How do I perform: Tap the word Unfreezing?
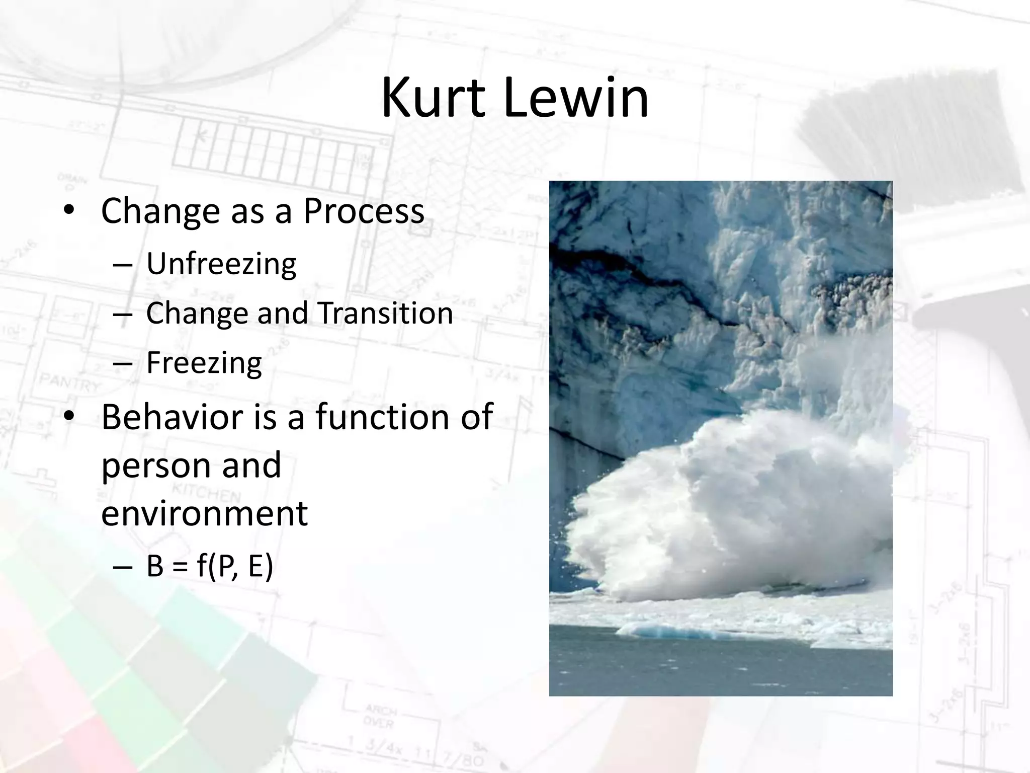221,264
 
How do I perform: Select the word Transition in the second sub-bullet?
385,313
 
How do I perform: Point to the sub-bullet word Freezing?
204,362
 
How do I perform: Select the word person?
156,466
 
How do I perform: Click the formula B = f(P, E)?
210,566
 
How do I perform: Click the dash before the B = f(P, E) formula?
123,567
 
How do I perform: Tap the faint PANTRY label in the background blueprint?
70,382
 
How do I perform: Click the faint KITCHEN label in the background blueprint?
206,491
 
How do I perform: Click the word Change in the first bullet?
160,211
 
